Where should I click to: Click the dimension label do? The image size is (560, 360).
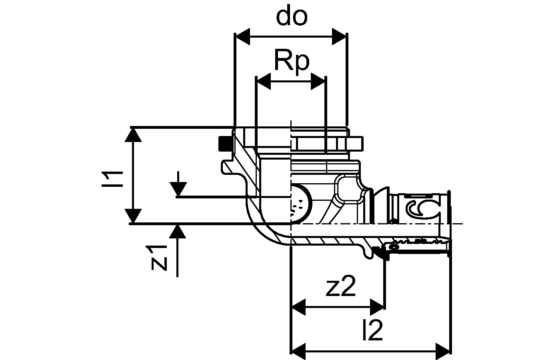(x=292, y=17)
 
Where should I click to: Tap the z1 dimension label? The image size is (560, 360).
(x=158, y=258)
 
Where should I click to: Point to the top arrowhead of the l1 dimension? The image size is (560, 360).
(x=133, y=135)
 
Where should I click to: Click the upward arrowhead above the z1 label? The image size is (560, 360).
(x=177, y=232)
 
